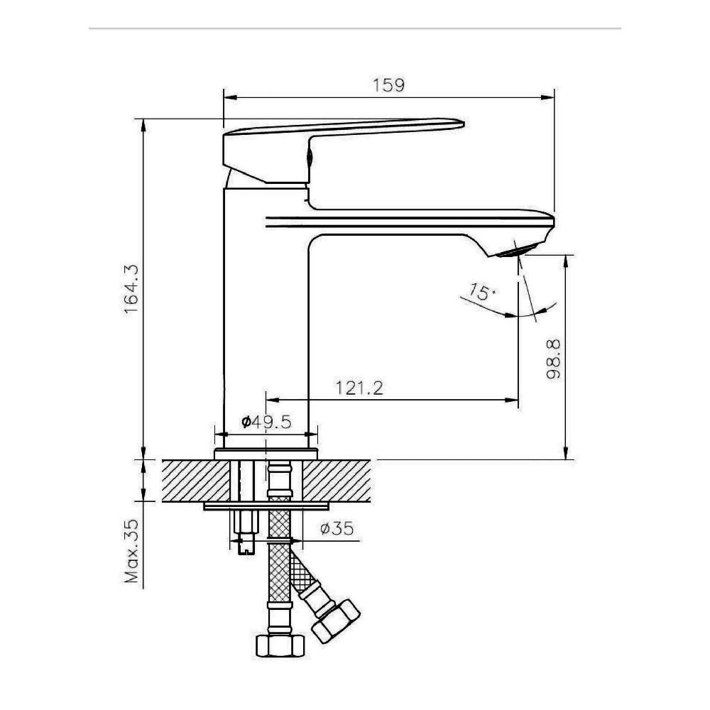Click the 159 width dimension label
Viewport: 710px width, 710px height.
(388, 85)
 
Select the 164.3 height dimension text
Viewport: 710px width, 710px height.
(131, 289)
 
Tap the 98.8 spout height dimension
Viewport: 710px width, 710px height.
(553, 359)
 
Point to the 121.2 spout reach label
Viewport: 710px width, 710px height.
(359, 388)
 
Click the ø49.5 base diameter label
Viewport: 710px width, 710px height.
(266, 422)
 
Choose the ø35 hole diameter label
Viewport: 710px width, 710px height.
(337, 528)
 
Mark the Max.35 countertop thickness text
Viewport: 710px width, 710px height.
(131, 551)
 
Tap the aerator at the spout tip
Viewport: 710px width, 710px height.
(516, 250)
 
